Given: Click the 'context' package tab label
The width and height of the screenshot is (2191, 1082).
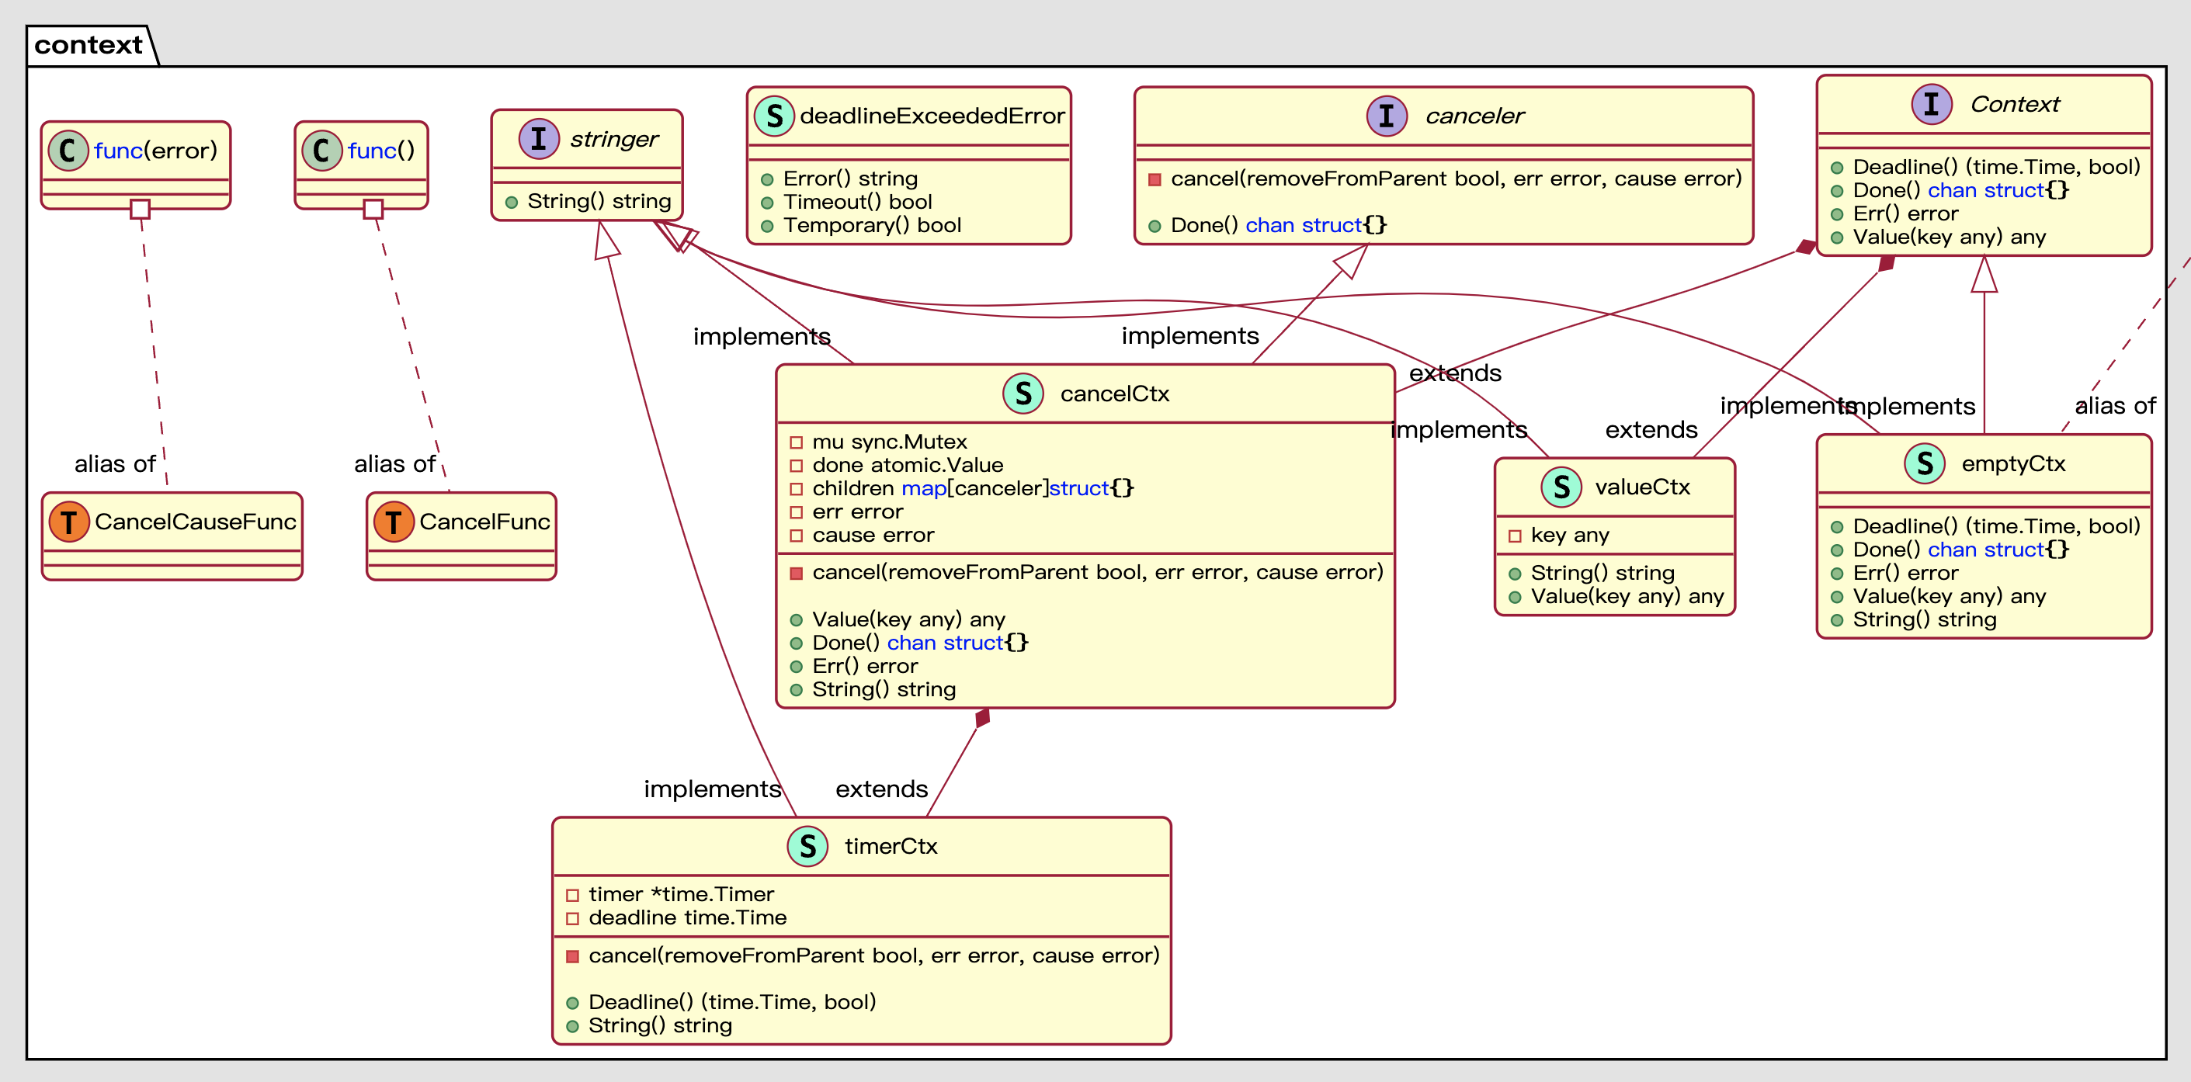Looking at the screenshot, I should point(89,44).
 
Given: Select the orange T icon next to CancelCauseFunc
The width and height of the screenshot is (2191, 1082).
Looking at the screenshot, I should point(69,522).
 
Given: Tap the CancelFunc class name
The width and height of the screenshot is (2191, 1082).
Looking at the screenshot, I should point(484,522).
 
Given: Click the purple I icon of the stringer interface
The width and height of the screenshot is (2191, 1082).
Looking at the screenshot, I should point(538,139).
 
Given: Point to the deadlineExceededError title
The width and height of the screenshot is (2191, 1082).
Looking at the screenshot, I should point(932,116).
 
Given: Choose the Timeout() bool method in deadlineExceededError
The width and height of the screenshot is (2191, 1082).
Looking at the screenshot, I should point(856,202).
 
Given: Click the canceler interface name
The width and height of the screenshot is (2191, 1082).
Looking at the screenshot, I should point(1474,116).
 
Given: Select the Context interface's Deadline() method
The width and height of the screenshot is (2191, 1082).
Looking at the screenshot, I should point(1995,167).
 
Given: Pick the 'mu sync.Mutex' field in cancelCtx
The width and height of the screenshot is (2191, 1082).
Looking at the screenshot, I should point(889,442).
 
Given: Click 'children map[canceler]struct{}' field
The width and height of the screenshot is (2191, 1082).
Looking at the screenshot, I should point(972,488).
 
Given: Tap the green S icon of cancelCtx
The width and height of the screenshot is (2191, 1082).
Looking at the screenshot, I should point(1023,394).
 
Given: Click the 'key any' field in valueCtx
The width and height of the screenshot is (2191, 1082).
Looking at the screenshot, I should point(1569,535).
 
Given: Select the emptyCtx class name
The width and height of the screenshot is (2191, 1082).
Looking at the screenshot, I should point(2012,463).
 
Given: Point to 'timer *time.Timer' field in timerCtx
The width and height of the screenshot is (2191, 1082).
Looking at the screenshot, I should point(680,894).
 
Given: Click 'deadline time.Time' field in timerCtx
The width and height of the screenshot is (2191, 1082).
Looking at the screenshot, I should point(686,917).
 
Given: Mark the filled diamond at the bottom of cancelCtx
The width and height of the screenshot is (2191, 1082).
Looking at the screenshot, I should point(982,718).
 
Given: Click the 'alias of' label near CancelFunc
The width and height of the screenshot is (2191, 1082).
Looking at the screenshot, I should point(394,463).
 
